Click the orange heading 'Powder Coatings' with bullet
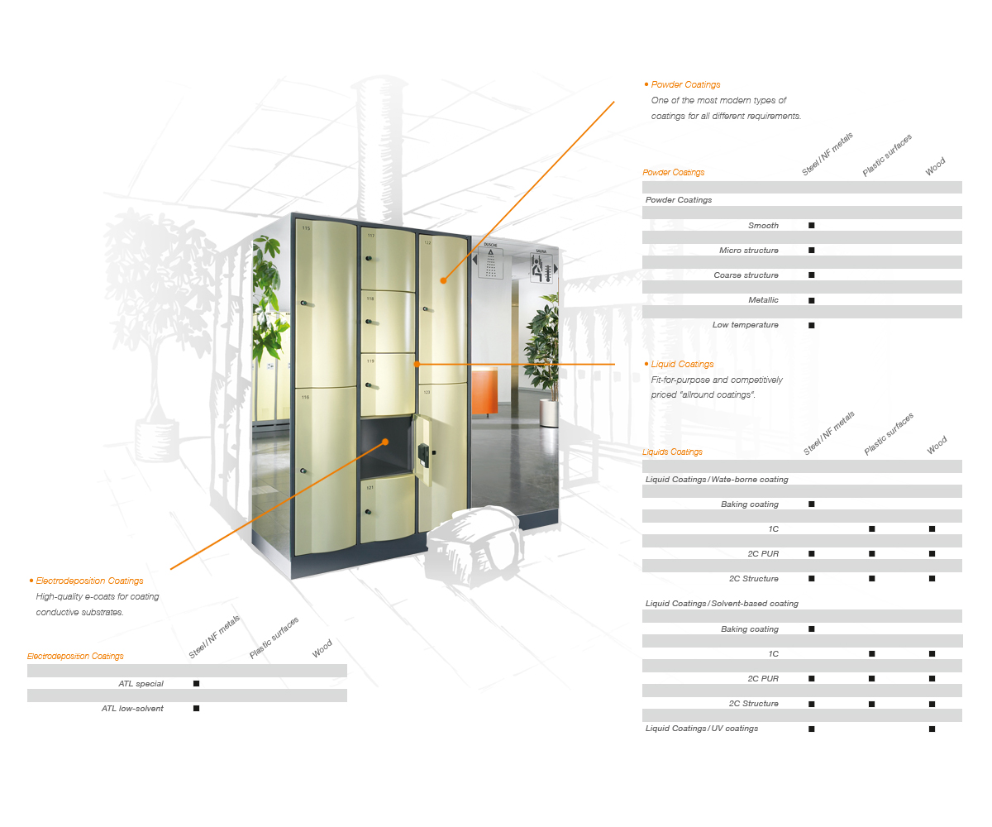[x=682, y=84]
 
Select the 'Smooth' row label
[x=763, y=225]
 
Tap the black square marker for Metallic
[x=812, y=300]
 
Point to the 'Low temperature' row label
[x=745, y=325]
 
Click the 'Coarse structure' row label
[x=746, y=275]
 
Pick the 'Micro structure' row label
[x=749, y=251]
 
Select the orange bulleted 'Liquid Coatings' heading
[x=679, y=364]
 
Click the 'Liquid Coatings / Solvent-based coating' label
[x=722, y=603]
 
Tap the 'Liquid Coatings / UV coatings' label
[x=701, y=728]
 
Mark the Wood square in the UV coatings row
[x=932, y=729]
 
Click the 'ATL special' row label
[x=141, y=683]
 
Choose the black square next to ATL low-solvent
[x=196, y=708]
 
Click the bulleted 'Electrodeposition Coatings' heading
[x=86, y=581]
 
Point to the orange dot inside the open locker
[x=385, y=442]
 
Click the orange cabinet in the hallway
[x=484, y=391]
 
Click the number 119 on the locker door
[x=370, y=361]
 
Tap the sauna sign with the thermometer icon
[x=541, y=266]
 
